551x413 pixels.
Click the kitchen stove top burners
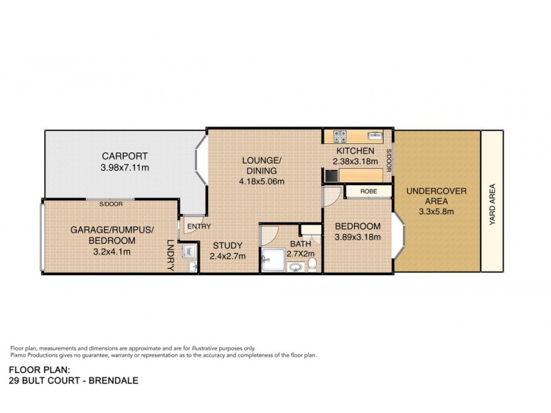coord(339,136)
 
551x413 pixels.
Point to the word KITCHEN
coord(355,151)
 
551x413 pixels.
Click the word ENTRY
coord(198,226)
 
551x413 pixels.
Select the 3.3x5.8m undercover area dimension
coord(437,212)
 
